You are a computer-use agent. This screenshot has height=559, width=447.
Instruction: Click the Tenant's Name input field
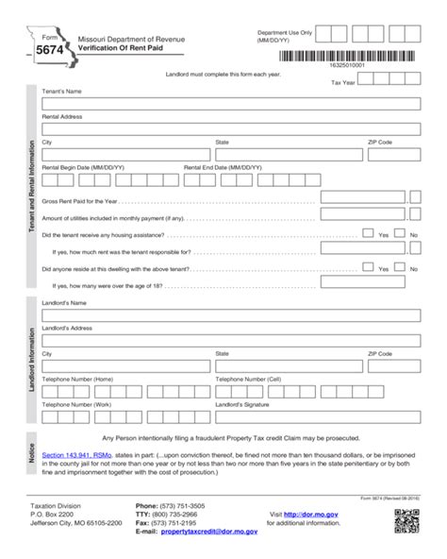pos(230,103)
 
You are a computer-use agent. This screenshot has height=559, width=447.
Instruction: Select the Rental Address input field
pos(230,128)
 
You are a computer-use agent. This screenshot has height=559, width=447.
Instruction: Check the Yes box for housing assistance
pos(370,233)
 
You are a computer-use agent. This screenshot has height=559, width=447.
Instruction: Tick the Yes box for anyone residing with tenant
pos(370,267)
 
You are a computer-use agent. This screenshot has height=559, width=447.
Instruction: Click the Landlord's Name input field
pos(230,314)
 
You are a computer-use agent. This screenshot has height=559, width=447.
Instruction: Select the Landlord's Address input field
pos(230,339)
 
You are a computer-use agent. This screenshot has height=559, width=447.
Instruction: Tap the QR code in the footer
pos(406,520)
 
